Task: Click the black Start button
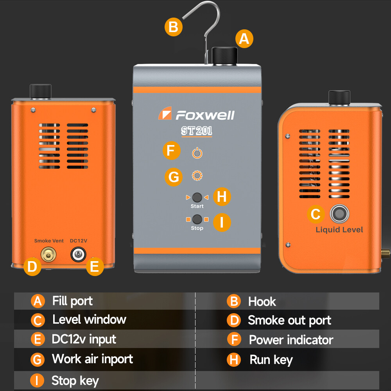coord(197,197)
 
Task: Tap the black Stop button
coord(197,219)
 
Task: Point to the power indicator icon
coord(197,153)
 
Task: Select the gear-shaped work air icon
coord(197,176)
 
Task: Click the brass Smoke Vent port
coord(48,254)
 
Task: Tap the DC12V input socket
coord(78,255)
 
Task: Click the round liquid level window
coord(339,214)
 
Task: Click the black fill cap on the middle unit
coord(224,56)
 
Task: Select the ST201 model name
coord(197,131)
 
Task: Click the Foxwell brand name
coord(205,115)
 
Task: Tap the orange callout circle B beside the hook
coord(174,27)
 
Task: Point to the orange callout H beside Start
coord(222,197)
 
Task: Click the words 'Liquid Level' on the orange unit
coord(339,230)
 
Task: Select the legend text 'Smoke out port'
coord(289,321)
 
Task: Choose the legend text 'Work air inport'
coord(92,359)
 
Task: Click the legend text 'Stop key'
coord(75,381)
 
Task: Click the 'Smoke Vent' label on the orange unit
coord(49,240)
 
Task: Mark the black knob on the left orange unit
coord(41,91)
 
